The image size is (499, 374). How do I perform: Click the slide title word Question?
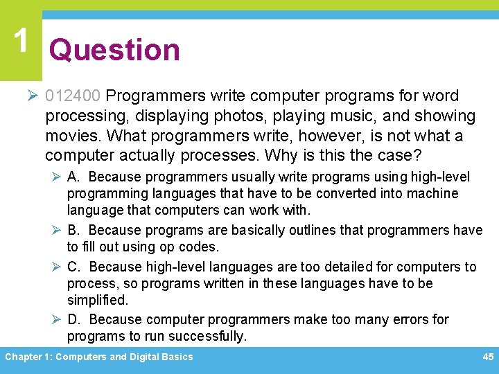(114, 50)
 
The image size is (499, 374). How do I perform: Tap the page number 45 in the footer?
(487, 357)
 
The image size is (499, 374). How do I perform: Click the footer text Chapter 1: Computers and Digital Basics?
(99, 357)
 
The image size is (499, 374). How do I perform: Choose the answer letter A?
(73, 177)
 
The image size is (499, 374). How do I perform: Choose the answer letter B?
(73, 230)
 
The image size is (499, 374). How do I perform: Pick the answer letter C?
(73, 267)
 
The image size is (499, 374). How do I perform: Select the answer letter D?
(73, 319)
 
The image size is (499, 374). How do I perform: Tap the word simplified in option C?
(98, 301)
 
